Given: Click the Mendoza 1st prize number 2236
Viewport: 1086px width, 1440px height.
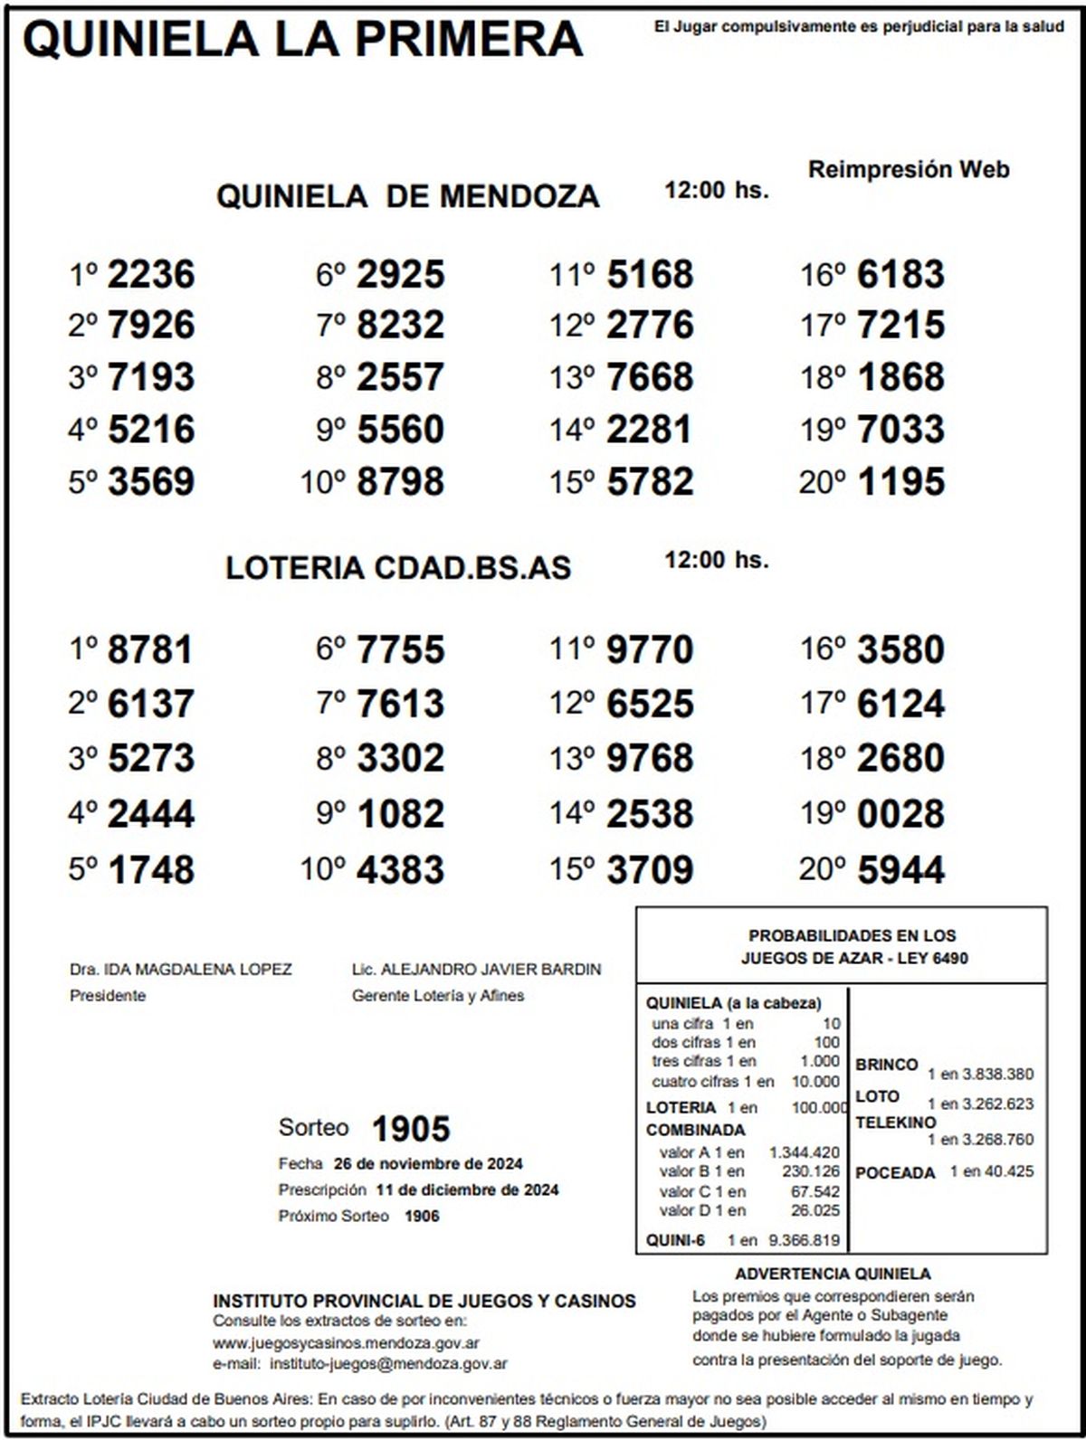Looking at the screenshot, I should point(150,274).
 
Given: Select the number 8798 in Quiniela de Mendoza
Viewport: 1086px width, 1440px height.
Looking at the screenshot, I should point(400,482).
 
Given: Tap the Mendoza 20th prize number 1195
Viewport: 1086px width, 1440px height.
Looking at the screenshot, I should point(900,482).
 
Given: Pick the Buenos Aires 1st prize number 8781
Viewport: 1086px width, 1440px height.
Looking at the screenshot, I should point(150,650).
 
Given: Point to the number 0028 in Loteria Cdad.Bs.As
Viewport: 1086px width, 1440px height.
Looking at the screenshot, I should point(900,814).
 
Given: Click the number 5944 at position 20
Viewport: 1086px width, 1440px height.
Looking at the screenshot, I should point(900,870).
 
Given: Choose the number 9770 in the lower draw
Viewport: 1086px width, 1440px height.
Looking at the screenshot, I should point(650,650).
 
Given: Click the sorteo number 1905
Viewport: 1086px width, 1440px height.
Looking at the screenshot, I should point(411,1129).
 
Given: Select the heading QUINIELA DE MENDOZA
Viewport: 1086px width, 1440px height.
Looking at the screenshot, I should point(407,196).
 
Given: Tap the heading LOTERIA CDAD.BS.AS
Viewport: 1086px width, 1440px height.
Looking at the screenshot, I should point(398,568).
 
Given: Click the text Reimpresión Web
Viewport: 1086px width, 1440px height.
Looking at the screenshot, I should point(909,169).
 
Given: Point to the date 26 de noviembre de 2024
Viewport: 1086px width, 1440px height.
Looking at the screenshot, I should point(428,1164).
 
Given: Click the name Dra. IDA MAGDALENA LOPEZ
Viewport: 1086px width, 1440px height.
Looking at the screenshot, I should point(181,970).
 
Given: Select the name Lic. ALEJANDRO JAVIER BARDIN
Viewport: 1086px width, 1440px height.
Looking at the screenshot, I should point(476,970).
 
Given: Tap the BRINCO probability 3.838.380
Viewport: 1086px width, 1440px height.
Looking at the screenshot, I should point(994,1075).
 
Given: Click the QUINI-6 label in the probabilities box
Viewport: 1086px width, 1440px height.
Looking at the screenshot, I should point(675,1240).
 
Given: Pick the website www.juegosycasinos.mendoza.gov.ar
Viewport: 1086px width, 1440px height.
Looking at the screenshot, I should point(347,1343).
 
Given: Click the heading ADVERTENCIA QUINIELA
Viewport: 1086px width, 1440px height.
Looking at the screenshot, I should point(833,1274).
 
